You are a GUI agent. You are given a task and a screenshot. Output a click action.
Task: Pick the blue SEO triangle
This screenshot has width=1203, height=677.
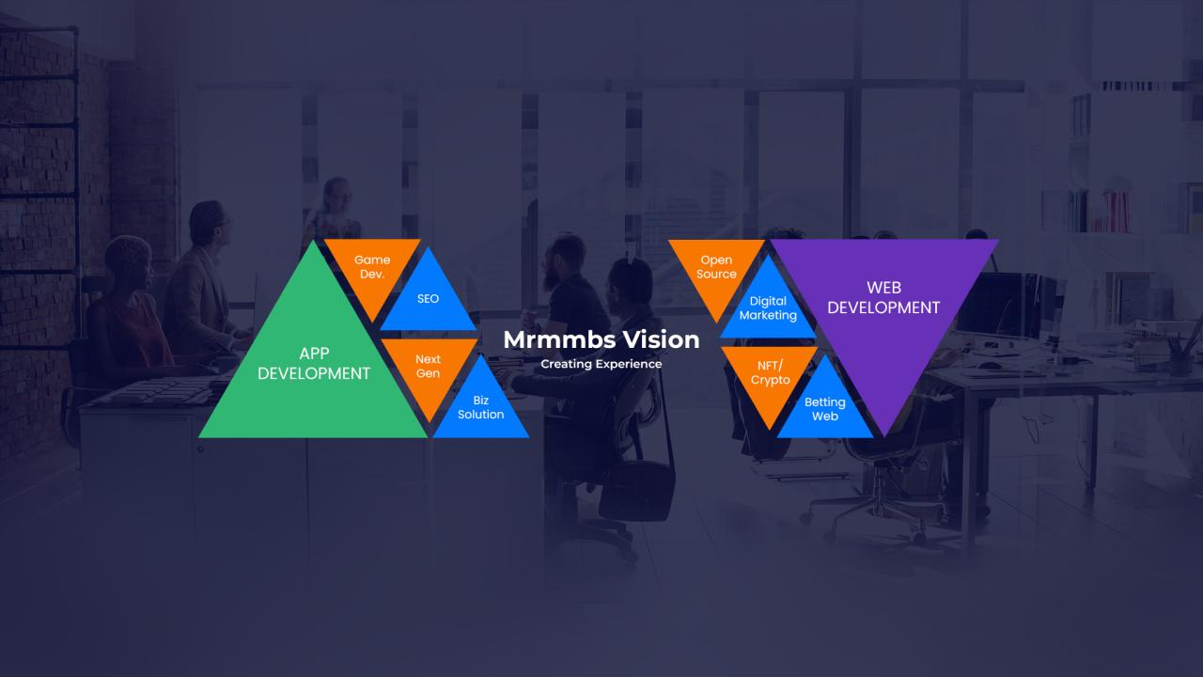428,301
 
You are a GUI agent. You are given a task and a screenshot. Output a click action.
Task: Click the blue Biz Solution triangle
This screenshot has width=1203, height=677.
480,408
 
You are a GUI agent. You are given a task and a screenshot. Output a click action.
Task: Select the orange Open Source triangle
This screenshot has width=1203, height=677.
716,269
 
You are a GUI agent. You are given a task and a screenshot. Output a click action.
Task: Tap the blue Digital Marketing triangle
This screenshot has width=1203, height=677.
768,309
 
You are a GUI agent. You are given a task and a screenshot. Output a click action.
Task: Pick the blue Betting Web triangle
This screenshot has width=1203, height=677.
825,408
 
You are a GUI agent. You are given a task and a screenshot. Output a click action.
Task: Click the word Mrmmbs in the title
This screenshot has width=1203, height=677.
559,340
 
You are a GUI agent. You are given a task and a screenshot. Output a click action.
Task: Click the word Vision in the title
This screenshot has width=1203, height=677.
661,339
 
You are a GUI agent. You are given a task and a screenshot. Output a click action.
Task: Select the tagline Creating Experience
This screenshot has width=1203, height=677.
601,364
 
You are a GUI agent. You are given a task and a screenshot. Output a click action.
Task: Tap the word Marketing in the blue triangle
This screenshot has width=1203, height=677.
768,315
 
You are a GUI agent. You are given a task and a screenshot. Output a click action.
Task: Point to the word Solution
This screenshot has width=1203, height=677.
480,415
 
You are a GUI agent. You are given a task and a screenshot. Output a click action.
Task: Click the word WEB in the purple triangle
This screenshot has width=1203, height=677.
884,288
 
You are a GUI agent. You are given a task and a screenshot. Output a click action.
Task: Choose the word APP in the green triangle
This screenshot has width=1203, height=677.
314,354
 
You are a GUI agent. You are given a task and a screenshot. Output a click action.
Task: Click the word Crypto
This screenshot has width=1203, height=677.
770,381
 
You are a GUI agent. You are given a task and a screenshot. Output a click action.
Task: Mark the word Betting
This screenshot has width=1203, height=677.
825,402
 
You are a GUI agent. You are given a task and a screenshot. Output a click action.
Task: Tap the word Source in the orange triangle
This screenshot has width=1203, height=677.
716,274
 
